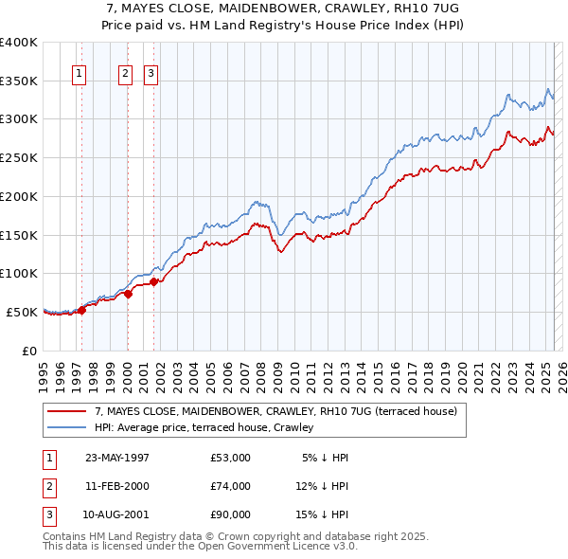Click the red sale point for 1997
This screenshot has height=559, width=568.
pyautogui.click(x=82, y=309)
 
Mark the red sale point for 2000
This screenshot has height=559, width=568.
pyautogui.click(x=128, y=293)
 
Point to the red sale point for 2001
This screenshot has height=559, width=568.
pyautogui.click(x=153, y=280)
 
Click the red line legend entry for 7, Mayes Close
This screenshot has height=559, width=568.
pyautogui.click(x=275, y=411)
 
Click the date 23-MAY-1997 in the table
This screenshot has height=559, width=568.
pyautogui.click(x=117, y=458)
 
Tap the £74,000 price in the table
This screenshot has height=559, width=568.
pyautogui.click(x=231, y=486)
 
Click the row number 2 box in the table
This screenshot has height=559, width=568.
pyautogui.click(x=48, y=486)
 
